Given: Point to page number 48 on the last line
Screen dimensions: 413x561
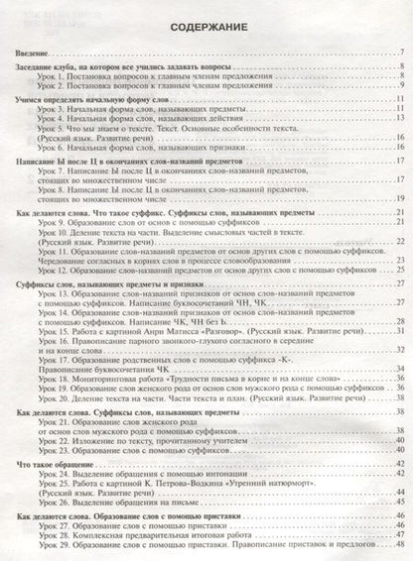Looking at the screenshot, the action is (x=398, y=548).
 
